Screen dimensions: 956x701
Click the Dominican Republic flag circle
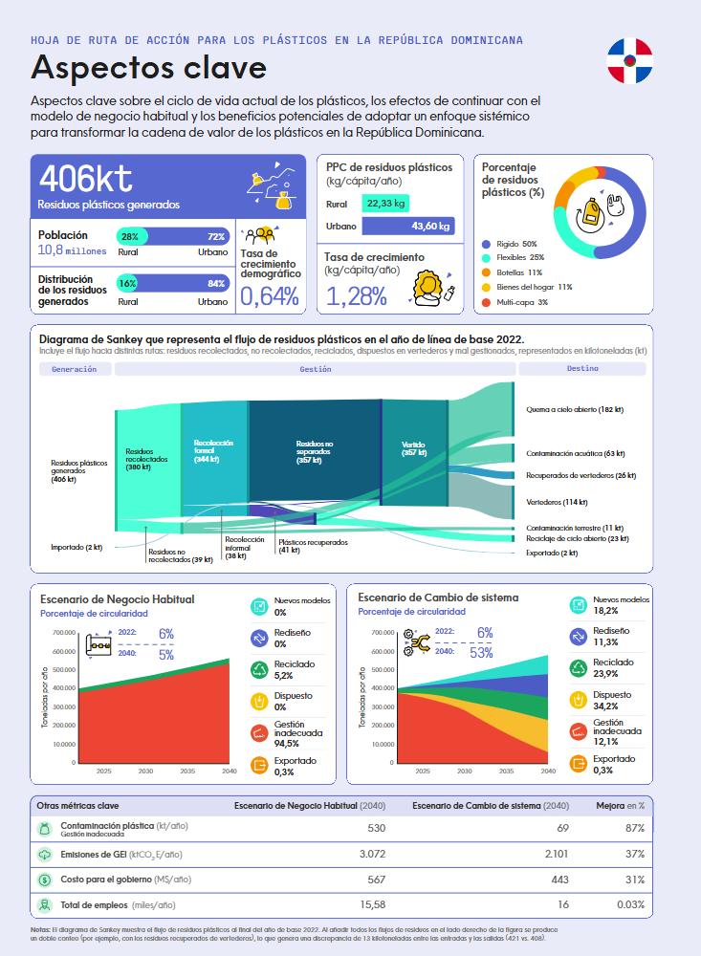pos(629,61)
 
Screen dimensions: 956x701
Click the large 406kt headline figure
pos(86,178)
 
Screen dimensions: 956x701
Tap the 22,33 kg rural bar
pos(386,204)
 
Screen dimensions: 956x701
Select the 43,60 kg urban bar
pos(408,227)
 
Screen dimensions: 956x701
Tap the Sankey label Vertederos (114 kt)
pos(557,502)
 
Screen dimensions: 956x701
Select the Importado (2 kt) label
pos(77,548)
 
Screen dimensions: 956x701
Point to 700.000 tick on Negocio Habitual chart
pos(58,633)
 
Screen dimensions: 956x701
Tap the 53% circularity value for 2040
pos(481,653)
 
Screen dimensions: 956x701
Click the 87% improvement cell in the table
pos(633,827)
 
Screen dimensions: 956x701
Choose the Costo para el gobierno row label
pos(125,880)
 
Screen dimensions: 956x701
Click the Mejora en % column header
pos(621,805)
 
